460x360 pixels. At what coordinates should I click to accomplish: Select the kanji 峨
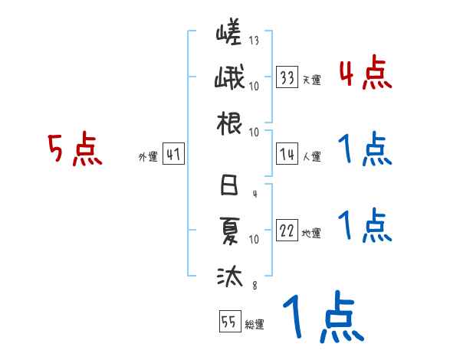[229, 79]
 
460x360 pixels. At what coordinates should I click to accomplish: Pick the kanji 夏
[229, 229]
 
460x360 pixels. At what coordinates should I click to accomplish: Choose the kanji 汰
[229, 273]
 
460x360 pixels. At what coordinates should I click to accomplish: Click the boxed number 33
[287, 77]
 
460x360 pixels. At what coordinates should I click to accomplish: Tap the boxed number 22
[287, 231]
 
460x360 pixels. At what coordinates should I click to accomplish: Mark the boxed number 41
[172, 155]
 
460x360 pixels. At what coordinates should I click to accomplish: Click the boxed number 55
[229, 322]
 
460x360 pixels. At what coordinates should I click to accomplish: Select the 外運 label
[147, 157]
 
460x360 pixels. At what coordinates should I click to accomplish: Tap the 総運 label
[254, 324]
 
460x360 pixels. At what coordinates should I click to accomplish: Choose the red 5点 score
[74, 149]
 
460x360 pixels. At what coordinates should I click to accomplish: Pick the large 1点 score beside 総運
[321, 319]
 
